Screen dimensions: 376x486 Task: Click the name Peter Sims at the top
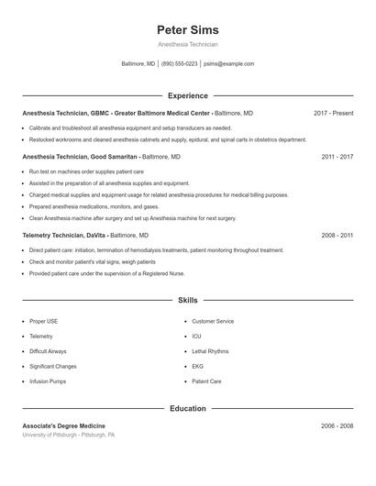point(187,30)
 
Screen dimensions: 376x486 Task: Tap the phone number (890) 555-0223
point(179,64)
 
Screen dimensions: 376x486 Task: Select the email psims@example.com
point(228,64)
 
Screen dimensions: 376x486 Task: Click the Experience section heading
point(187,95)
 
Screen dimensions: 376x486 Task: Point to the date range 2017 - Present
point(333,113)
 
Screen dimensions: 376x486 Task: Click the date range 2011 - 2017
point(337,157)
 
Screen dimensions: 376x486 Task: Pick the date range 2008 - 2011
point(337,236)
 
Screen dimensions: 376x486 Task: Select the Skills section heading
point(187,300)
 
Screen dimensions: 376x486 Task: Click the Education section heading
point(187,408)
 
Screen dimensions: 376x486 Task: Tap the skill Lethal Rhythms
point(210,351)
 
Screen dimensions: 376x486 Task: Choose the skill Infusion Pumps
point(48,381)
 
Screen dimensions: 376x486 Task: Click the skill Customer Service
point(213,322)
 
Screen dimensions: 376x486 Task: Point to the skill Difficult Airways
point(48,351)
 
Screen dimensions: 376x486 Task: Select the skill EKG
point(197,366)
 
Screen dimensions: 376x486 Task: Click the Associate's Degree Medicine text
point(63,426)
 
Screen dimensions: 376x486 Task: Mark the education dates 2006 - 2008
point(337,426)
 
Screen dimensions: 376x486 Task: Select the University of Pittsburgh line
point(68,435)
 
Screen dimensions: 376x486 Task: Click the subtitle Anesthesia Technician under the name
point(187,44)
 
